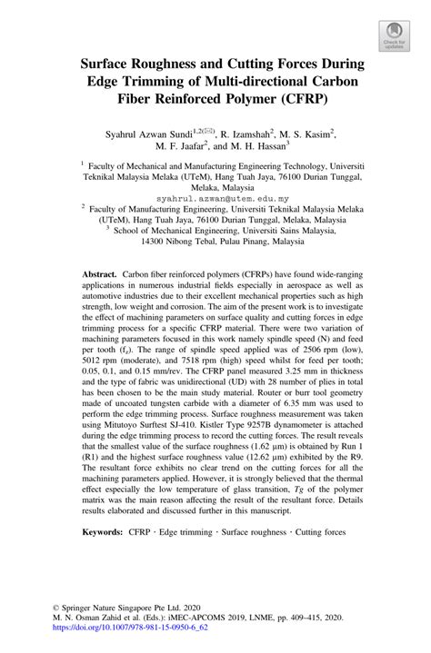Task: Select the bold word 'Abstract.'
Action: [100, 273]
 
